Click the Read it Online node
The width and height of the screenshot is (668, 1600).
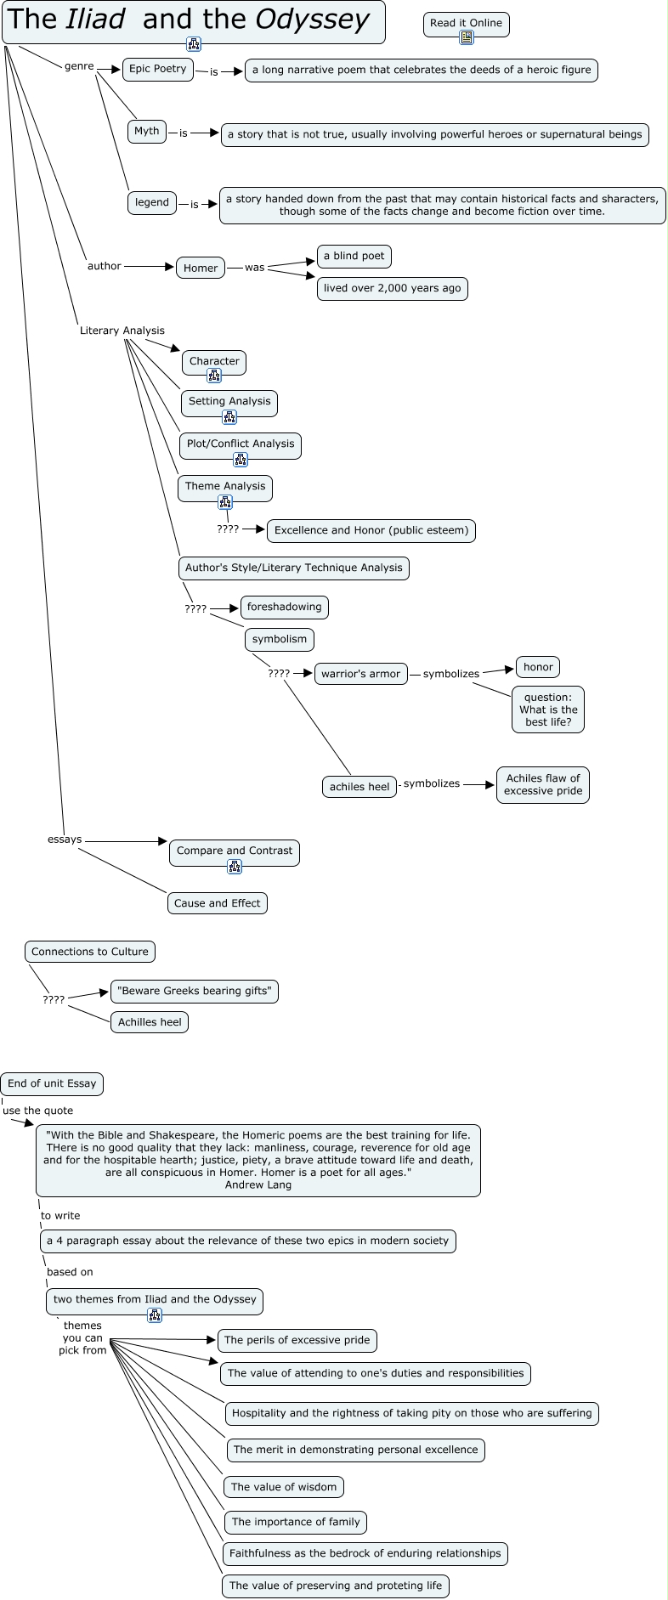(x=466, y=24)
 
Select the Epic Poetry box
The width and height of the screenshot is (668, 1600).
(x=158, y=70)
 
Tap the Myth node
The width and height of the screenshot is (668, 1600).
(x=147, y=132)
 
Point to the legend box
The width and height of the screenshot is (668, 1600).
(x=152, y=203)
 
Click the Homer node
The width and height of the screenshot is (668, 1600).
(x=201, y=269)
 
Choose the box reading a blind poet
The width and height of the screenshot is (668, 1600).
(x=354, y=256)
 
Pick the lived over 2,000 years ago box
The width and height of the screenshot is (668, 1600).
(x=392, y=289)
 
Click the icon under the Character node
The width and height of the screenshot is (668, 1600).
(x=214, y=376)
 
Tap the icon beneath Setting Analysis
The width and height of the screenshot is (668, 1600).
(x=229, y=416)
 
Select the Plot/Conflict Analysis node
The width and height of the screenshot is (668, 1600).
(x=241, y=444)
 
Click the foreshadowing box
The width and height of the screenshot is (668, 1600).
(x=284, y=608)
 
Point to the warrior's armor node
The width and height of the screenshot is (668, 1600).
(x=360, y=674)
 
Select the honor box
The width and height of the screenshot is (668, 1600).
(x=538, y=667)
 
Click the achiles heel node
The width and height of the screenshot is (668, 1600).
(x=359, y=787)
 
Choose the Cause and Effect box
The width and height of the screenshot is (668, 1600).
(x=218, y=903)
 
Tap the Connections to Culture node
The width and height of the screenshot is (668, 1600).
(x=90, y=952)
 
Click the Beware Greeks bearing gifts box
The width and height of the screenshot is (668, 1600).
(x=195, y=992)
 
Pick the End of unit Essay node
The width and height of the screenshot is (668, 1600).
(x=53, y=1083)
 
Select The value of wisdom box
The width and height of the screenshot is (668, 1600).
(x=284, y=1487)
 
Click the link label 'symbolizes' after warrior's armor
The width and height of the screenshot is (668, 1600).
(x=451, y=674)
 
